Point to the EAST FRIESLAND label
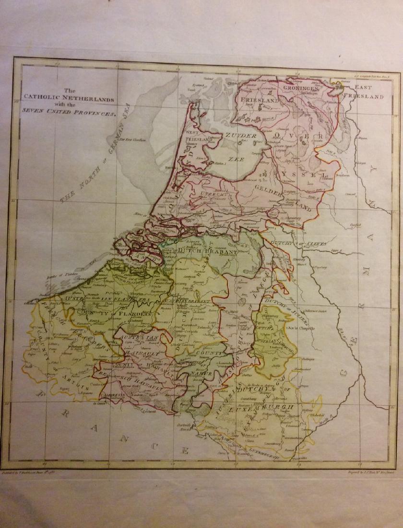[369, 92]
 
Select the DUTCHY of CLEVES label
[299, 243]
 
